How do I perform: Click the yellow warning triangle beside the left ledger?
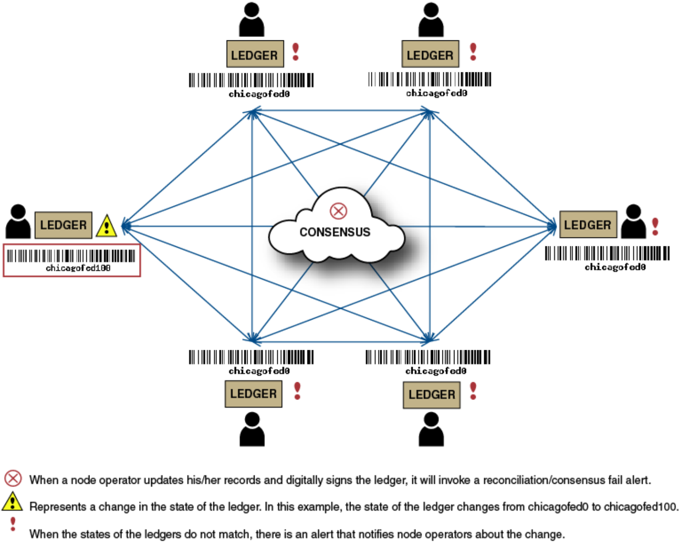coord(106,226)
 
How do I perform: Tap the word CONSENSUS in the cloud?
coord(335,232)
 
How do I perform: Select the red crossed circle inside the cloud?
coord(339,211)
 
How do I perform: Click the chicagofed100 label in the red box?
coord(78,268)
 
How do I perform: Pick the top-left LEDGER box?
coord(255,54)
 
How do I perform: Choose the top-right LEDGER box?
coord(430,54)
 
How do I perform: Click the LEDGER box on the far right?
coord(588,225)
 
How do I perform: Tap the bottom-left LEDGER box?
coord(253,394)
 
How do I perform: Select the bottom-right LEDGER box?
coord(431,395)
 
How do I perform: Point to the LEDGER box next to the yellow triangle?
coord(63,225)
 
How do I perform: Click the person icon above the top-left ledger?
coord(251,19)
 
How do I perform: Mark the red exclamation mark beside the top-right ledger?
coord(473,51)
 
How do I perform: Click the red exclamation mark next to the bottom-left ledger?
coord(297,391)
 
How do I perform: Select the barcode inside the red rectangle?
coord(71,256)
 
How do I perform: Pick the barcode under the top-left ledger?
coord(251,80)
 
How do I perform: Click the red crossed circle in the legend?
coord(13,479)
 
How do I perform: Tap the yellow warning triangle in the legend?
coord(12,502)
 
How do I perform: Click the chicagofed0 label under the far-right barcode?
coord(615,267)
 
